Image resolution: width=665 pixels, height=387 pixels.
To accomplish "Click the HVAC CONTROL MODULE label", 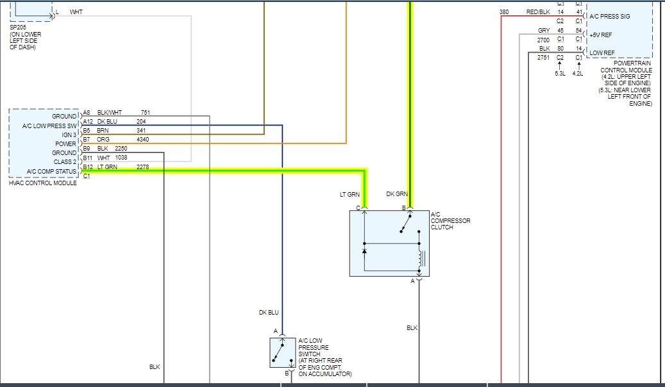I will [43, 183].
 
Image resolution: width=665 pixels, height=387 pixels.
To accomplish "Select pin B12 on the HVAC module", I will [88, 167].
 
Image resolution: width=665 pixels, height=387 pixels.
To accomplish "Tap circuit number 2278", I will [143, 167].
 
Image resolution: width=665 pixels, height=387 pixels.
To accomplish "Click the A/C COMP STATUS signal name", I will [52, 171].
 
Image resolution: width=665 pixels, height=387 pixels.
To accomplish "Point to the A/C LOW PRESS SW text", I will [49, 126].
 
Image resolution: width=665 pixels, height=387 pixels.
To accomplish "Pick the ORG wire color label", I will [103, 139].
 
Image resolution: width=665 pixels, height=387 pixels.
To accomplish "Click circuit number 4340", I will [144, 139].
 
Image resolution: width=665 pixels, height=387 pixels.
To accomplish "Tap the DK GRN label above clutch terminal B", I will [397, 193].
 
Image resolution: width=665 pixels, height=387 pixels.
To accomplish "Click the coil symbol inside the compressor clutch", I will [421, 259].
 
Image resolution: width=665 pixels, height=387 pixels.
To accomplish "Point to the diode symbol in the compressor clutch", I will [364, 251].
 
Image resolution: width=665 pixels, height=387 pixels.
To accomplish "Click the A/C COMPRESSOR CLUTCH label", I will [450, 220].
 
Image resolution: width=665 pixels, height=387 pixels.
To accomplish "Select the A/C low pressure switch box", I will [282, 352].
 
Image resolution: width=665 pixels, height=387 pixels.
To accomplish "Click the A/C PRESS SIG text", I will [610, 16].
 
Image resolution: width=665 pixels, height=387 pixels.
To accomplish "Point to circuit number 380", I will [504, 12].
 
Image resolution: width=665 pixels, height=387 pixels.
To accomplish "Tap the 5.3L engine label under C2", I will [560, 73].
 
